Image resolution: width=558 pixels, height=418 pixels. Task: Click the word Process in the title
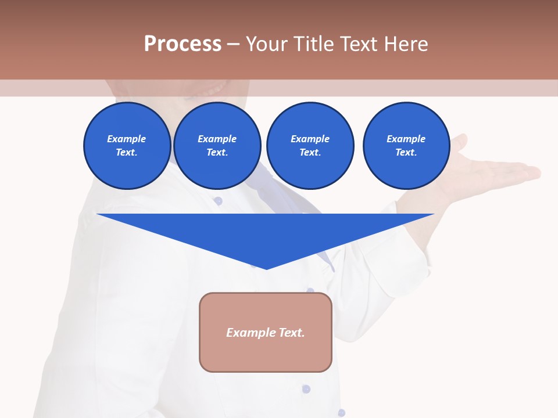pyautogui.click(x=183, y=44)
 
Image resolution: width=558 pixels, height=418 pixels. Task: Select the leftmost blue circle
pyautogui.click(x=127, y=146)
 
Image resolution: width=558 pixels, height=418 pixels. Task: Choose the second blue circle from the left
pyautogui.click(x=217, y=146)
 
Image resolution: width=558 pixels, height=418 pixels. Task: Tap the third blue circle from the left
pyautogui.click(x=310, y=146)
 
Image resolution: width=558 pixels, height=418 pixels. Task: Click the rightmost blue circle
pyautogui.click(x=406, y=146)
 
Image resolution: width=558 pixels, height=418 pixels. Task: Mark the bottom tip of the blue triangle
pyautogui.click(x=266, y=268)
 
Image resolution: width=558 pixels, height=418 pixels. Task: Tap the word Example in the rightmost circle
pyautogui.click(x=406, y=139)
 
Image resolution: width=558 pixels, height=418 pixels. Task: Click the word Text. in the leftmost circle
pyautogui.click(x=127, y=153)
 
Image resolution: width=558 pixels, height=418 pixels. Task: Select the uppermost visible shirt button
pyautogui.click(x=218, y=201)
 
